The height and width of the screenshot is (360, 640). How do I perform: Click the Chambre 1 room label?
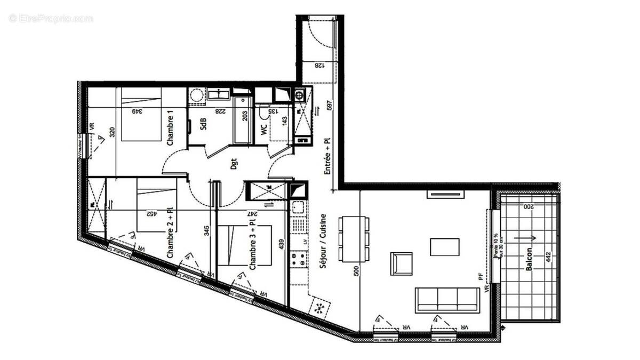(x=170, y=131)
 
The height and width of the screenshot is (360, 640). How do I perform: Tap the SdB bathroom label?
(x=203, y=124)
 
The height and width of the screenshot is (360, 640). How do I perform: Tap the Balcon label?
(x=529, y=259)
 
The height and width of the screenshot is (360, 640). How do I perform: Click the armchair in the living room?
(x=402, y=263)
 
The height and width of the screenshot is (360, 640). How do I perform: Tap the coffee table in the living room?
(x=445, y=247)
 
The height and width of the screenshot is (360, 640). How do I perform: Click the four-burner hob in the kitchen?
(x=298, y=260)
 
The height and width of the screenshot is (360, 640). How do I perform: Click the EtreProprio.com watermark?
(x=51, y=19)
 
